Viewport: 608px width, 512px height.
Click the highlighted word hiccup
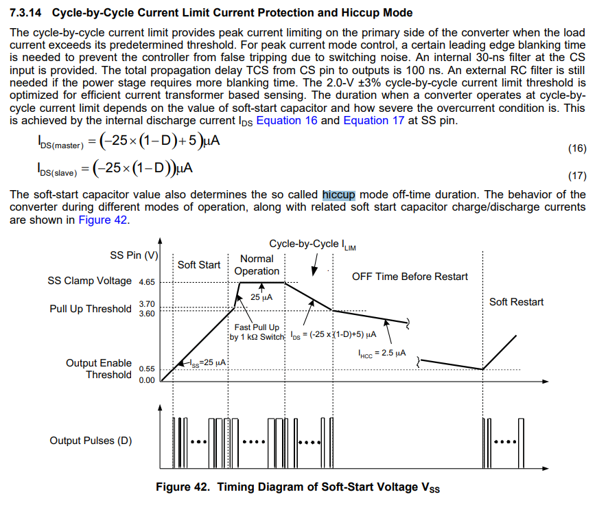(x=339, y=194)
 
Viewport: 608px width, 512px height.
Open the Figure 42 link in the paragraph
(x=103, y=220)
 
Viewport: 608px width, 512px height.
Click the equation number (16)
(x=577, y=149)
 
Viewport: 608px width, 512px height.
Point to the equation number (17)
(x=577, y=175)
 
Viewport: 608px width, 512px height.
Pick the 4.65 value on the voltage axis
(x=147, y=282)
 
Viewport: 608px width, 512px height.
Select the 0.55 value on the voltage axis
(x=147, y=369)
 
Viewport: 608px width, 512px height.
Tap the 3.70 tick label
(x=147, y=304)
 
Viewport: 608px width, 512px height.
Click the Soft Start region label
(x=199, y=265)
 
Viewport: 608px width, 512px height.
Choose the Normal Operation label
(x=257, y=265)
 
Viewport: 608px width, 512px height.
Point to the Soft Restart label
(x=516, y=302)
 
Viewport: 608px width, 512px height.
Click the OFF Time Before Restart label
(x=410, y=277)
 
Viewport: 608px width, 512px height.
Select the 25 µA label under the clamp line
(x=261, y=298)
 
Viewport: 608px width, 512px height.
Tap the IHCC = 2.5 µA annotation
(x=382, y=353)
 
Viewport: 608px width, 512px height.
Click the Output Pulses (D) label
(x=91, y=441)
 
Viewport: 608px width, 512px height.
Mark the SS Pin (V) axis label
(x=135, y=255)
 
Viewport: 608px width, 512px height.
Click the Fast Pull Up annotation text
(x=257, y=327)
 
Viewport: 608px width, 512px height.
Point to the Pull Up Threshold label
(x=90, y=309)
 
